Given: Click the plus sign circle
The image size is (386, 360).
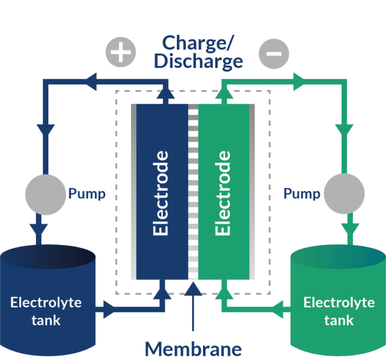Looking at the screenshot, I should point(120,53).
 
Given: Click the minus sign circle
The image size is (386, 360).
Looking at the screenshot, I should point(273,53).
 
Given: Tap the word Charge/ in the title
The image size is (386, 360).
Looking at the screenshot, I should point(198,43).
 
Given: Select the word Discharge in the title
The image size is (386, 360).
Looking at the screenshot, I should point(198,61).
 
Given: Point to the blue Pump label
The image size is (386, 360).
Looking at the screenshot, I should point(86,194).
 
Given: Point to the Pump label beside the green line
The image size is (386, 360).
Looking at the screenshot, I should point(302,193).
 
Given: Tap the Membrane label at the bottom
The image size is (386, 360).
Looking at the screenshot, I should point(194,348).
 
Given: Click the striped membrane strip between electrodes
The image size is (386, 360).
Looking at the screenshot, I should point(193,191).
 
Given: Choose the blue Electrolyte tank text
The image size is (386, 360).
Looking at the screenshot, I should point(46,311).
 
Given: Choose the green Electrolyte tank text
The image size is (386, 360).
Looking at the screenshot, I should point(339,311).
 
